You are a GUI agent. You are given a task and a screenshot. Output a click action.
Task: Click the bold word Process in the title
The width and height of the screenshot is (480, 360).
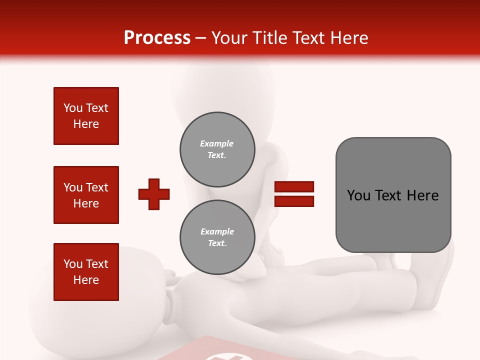(x=157, y=38)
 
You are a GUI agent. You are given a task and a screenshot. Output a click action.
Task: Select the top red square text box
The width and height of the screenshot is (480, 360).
(x=86, y=116)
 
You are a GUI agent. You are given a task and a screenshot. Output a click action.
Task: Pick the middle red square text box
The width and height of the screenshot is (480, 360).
(x=86, y=195)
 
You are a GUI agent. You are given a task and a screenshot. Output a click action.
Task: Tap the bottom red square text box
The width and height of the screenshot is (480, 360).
(x=86, y=272)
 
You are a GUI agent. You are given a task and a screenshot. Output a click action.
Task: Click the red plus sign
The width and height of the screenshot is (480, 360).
(x=154, y=194)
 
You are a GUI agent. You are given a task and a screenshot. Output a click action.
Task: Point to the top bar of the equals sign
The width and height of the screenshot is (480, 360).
(x=294, y=187)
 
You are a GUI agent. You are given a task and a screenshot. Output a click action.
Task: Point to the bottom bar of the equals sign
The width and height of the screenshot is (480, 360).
(x=294, y=201)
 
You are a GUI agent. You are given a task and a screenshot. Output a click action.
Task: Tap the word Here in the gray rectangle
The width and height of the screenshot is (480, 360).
(x=422, y=195)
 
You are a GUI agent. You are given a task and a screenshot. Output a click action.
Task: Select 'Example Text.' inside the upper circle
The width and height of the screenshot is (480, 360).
(x=217, y=149)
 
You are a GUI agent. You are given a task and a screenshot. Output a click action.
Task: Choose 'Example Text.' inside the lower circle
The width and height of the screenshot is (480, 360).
(x=217, y=237)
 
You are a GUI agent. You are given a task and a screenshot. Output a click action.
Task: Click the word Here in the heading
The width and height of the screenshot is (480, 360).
(x=351, y=38)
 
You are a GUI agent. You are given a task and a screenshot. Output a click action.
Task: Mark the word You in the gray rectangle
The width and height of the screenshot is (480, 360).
(x=358, y=195)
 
